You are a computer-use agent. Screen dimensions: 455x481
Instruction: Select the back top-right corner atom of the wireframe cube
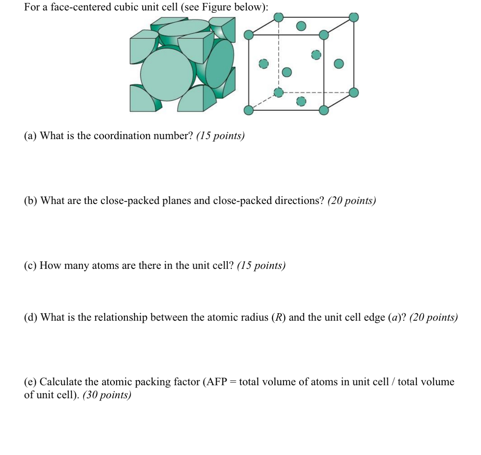(x=354, y=17)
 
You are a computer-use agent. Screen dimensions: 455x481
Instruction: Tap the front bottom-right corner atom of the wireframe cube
(x=324, y=110)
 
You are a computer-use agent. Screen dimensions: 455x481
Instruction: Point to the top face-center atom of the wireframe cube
(x=301, y=26)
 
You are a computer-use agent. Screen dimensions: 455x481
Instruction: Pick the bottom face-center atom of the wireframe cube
(x=301, y=101)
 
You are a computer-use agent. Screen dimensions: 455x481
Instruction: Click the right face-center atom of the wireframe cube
(x=339, y=64)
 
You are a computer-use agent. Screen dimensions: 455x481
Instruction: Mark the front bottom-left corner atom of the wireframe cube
(x=249, y=110)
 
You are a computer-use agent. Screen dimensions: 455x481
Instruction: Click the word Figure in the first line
(x=216, y=7)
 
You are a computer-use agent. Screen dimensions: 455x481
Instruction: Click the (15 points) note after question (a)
(x=220, y=136)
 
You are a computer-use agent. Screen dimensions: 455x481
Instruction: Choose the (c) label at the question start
(x=30, y=266)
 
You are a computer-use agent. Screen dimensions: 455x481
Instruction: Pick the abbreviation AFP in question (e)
(x=216, y=382)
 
